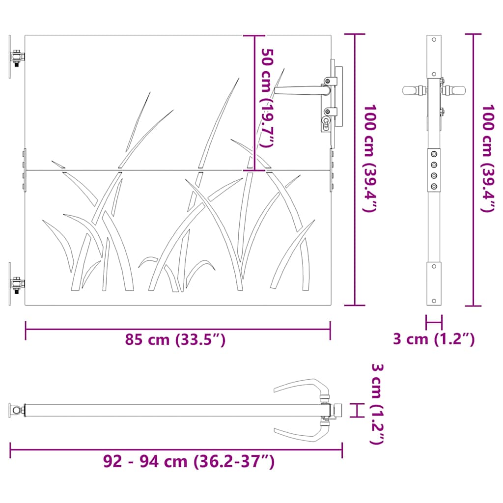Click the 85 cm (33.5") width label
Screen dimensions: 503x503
tap(175, 339)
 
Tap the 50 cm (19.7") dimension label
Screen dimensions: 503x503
tap(267, 98)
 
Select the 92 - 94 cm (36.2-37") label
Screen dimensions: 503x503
tap(189, 461)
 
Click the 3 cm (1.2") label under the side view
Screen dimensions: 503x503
tap(434, 339)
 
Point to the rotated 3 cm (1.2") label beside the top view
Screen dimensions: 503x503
tap(377, 404)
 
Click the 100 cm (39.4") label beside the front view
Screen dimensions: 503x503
tap(369, 158)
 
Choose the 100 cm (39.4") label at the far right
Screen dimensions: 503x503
tap(488, 158)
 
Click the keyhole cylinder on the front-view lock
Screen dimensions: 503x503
tap(326, 122)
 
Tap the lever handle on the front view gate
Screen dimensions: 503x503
tap(302, 90)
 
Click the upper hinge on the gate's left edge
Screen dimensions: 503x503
tap(17, 57)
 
